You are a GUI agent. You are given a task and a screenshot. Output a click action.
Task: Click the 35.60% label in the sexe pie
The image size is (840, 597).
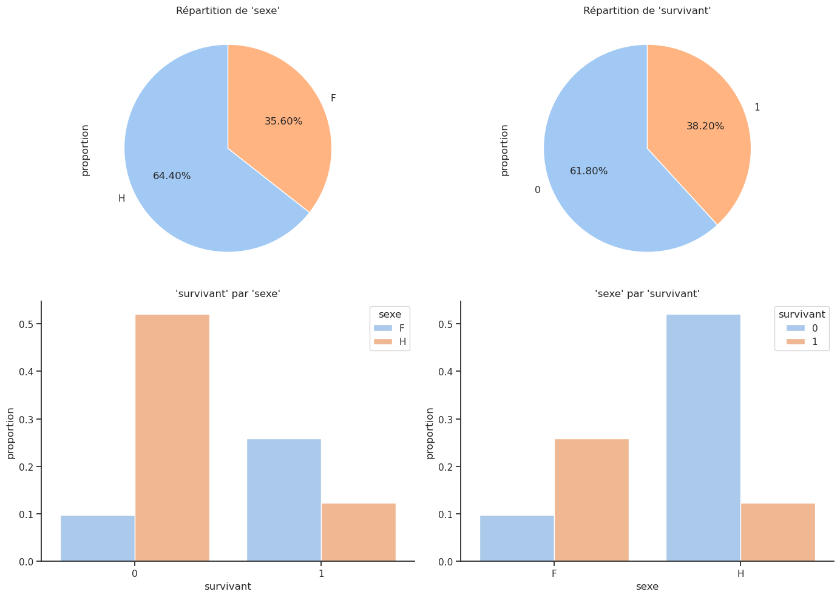(x=283, y=121)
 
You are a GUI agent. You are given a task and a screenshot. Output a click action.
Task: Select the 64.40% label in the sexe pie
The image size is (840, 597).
(x=172, y=176)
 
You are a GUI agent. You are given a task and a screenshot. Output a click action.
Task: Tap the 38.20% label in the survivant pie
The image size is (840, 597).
(x=705, y=126)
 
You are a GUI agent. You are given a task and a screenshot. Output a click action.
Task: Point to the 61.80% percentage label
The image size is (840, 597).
(x=589, y=171)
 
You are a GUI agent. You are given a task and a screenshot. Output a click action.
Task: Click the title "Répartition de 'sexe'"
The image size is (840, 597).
(x=228, y=10)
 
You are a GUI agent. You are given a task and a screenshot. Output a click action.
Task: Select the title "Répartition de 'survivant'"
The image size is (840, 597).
(x=647, y=10)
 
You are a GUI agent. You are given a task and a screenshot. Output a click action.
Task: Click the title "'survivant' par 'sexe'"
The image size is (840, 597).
(x=228, y=294)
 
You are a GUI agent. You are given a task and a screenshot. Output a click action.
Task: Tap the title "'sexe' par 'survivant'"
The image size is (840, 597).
(x=647, y=294)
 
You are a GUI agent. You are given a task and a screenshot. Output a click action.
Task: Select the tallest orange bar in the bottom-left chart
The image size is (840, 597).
(x=172, y=437)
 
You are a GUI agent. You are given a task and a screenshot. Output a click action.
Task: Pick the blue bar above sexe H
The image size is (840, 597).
(x=703, y=437)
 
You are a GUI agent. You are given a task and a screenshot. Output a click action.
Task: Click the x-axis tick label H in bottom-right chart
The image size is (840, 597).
(x=740, y=573)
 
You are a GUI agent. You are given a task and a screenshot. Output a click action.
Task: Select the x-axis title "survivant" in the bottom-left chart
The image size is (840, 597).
(x=228, y=587)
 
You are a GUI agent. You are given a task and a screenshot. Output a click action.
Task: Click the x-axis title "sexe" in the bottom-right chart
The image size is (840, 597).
(x=647, y=587)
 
